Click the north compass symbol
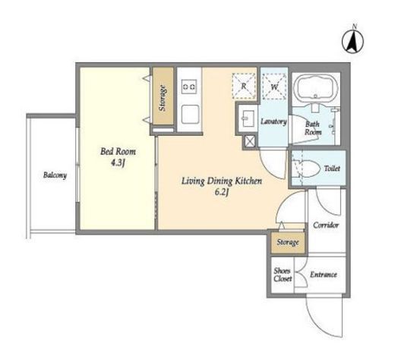(x=353, y=40)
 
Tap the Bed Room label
(x=118, y=152)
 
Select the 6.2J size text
(x=222, y=193)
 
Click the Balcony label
(x=55, y=175)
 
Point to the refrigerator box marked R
(x=244, y=86)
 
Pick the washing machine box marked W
(x=274, y=87)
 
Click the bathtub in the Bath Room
(x=316, y=88)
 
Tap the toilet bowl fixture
(x=305, y=169)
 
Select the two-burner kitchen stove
(x=189, y=87)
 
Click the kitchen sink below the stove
(x=190, y=114)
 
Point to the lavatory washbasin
(x=248, y=118)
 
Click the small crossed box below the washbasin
(x=250, y=141)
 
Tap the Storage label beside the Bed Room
(x=163, y=98)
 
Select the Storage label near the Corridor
(x=288, y=242)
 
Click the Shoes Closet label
(x=283, y=275)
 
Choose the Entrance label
(x=324, y=275)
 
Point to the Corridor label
(x=326, y=225)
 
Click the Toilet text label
(x=332, y=169)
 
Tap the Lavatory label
(x=273, y=122)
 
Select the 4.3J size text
(x=118, y=163)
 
